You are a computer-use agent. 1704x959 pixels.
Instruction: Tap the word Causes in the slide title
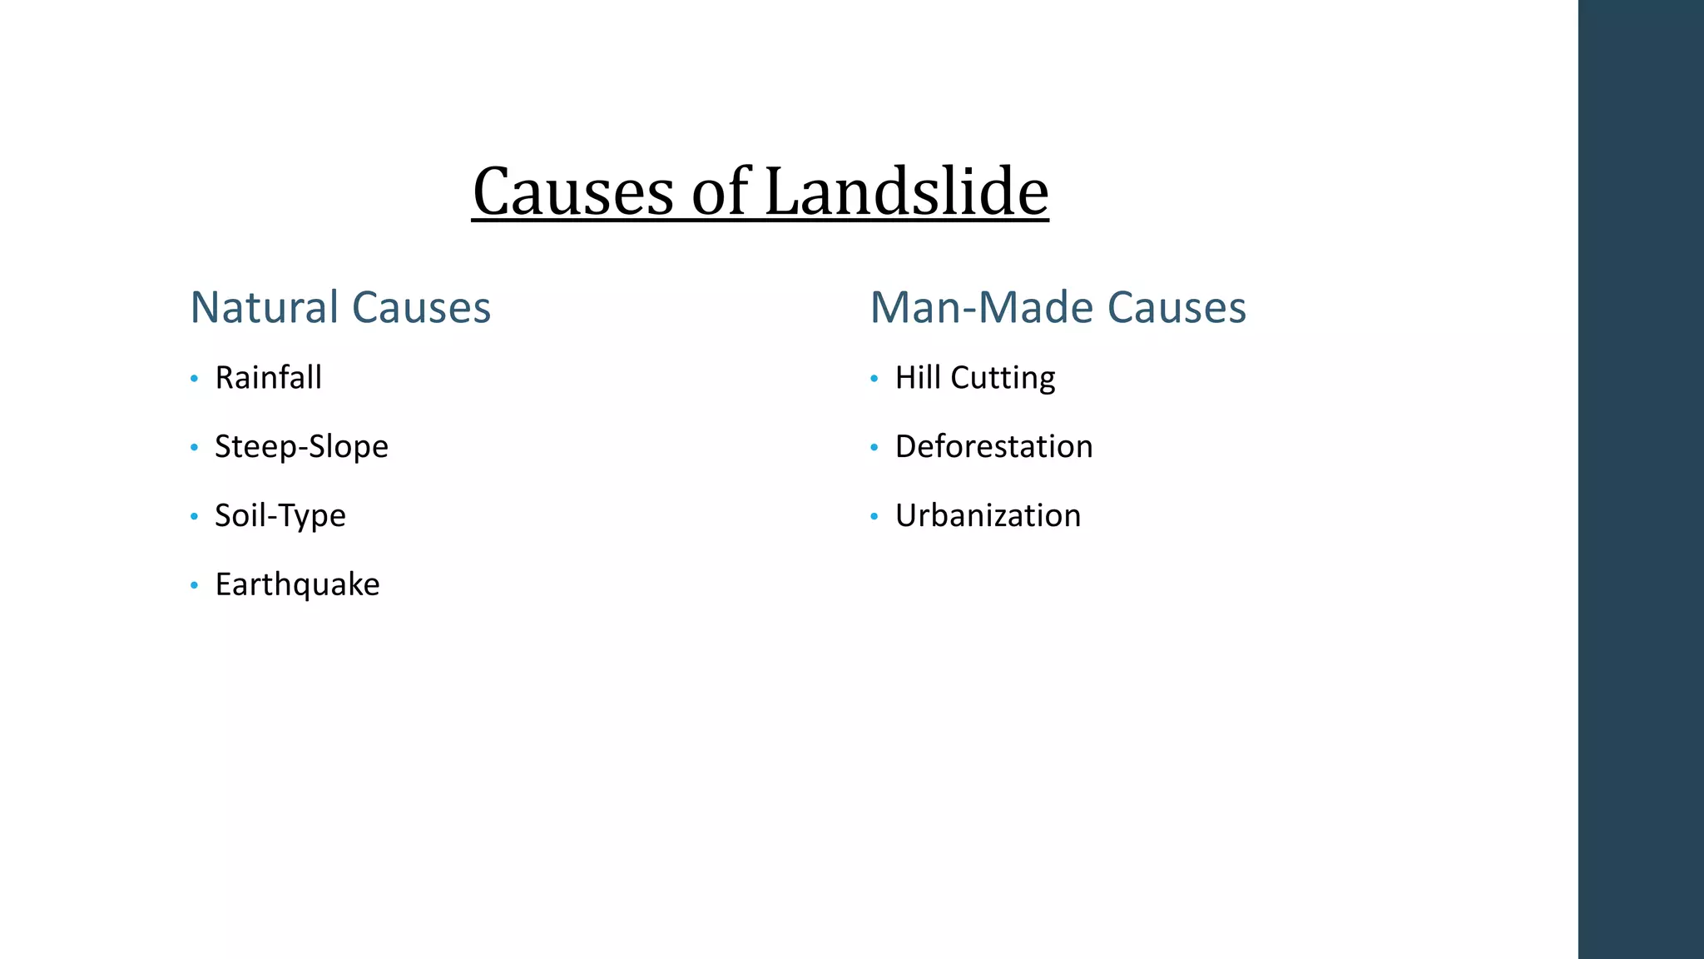click(x=573, y=193)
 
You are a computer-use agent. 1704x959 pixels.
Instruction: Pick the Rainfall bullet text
click(x=268, y=378)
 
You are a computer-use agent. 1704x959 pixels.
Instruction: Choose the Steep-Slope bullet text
click(x=301, y=447)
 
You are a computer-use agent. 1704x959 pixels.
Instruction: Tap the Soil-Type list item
click(x=280, y=516)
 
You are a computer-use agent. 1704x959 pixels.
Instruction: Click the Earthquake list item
click(x=297, y=584)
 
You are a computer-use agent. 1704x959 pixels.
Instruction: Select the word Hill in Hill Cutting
click(x=918, y=378)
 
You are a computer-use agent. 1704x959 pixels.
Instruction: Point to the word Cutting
click(x=1003, y=379)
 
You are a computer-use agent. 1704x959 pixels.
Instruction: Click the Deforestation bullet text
click(x=993, y=447)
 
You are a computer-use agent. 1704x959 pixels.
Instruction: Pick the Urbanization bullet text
click(x=988, y=516)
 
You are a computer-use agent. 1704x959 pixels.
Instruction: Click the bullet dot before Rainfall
click(x=194, y=380)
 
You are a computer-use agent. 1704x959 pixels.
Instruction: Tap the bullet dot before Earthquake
click(x=194, y=586)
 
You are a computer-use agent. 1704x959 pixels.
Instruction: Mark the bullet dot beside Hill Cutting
click(x=874, y=380)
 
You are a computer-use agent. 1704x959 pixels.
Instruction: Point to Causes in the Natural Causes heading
click(x=422, y=307)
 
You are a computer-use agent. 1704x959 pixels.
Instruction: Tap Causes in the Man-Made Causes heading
click(x=1176, y=307)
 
